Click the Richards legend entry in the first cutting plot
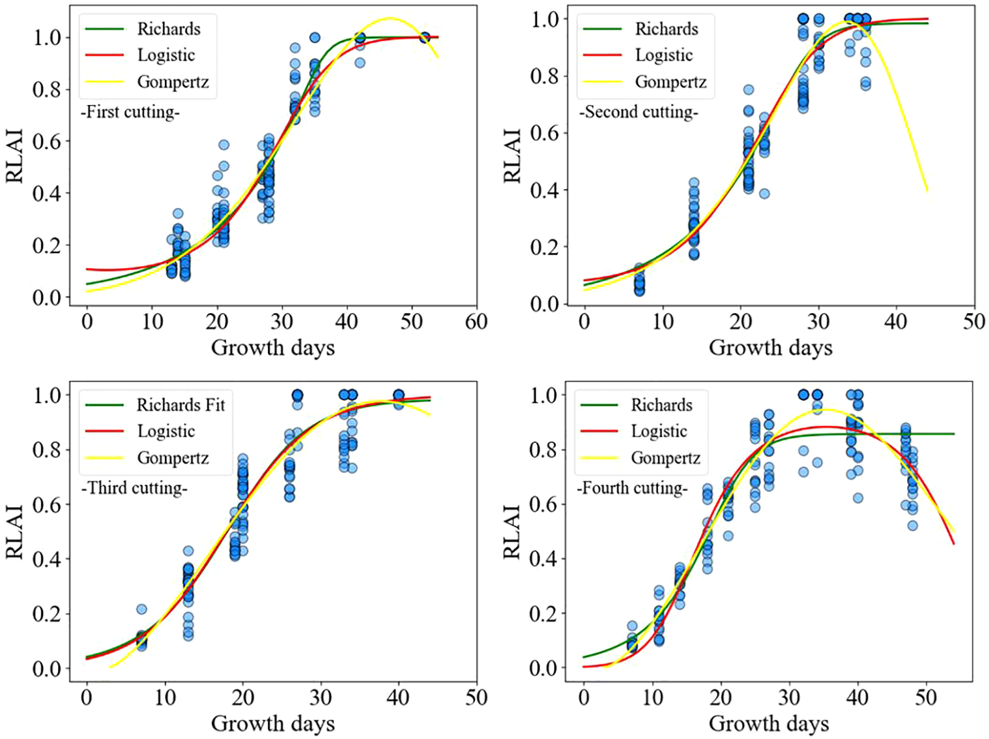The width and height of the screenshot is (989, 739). point(168,29)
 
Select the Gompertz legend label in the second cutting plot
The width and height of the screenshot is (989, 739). point(670,82)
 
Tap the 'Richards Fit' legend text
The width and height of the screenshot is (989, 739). point(180,405)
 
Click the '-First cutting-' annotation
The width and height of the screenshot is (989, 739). point(130,112)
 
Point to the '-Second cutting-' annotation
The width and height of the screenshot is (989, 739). point(639,112)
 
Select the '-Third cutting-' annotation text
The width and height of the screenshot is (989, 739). point(135,488)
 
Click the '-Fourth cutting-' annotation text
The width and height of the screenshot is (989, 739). point(632,488)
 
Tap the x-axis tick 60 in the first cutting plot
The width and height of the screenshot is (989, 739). point(476,322)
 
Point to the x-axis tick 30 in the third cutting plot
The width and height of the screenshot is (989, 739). point(321,697)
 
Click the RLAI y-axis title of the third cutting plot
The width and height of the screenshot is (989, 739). point(15,532)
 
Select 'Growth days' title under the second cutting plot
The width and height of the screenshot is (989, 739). point(771,348)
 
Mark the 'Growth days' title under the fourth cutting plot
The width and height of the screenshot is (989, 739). point(769,724)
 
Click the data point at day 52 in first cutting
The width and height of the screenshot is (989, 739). point(425,37)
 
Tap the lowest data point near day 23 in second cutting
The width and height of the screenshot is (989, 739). point(764,194)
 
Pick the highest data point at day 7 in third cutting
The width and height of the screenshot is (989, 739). point(142,609)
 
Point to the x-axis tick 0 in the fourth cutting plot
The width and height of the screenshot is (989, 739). point(584,697)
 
